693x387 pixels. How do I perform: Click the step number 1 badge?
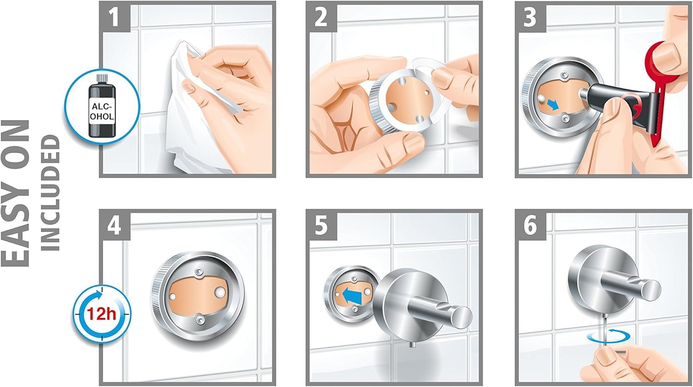pos(115,17)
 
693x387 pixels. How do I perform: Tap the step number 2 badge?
pos(322,17)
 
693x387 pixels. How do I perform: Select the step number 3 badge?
pos(530,17)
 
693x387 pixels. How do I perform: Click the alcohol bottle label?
pos(102,111)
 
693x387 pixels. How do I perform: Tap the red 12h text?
pos(102,314)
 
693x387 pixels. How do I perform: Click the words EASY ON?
pos(15,193)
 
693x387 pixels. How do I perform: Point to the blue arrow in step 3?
pos(552,104)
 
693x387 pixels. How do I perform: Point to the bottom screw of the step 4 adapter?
pos(200,319)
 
